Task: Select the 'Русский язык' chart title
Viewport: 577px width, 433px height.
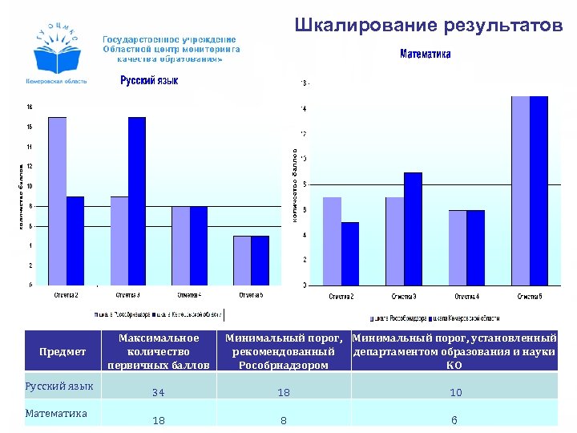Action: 149,80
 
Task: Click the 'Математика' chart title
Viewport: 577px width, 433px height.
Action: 426,55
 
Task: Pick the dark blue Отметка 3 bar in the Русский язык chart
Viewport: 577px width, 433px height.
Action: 137,200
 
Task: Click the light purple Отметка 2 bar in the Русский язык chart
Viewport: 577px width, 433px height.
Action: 57,200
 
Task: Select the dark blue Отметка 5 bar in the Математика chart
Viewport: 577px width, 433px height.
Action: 538,190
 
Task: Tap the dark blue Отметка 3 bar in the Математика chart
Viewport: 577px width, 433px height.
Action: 413,229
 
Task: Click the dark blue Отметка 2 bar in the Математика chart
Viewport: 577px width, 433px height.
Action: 350,253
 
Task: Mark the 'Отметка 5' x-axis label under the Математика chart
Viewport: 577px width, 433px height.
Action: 529,297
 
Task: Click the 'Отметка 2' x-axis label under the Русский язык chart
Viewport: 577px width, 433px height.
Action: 66,295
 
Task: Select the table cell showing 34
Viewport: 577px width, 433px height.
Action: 158,393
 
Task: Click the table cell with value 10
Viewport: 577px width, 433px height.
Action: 455,393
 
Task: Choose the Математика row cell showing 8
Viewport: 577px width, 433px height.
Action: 283,420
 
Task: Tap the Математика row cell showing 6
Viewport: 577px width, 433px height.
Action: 455,420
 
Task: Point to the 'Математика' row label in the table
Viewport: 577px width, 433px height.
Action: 57,414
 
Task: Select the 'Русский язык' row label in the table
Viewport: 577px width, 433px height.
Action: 59,386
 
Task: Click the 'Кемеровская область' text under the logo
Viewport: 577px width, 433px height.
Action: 58,82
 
